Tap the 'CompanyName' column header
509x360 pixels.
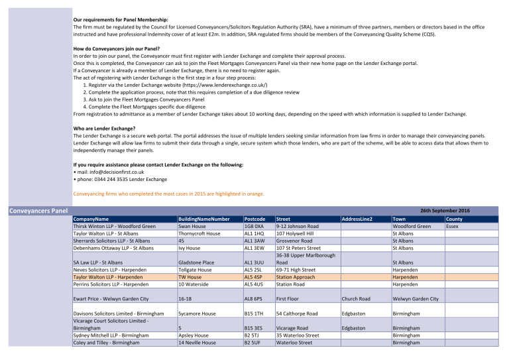91,218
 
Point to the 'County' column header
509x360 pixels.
454,218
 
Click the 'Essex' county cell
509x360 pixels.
452,226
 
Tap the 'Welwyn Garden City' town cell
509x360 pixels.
416,298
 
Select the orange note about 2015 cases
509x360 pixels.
168,194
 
